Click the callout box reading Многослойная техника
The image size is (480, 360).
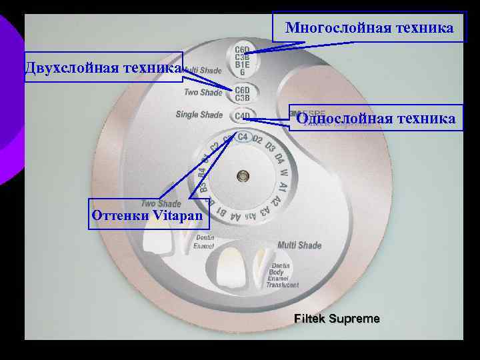(x=369, y=27)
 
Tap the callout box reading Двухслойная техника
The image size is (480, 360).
(x=103, y=67)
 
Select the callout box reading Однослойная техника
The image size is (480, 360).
(x=376, y=118)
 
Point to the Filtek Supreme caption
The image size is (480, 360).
(x=337, y=319)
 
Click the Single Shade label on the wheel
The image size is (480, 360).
(x=199, y=115)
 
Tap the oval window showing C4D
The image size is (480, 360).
(x=241, y=117)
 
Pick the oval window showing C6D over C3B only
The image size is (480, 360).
(x=241, y=94)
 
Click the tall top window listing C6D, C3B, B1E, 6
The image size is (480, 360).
(x=241, y=60)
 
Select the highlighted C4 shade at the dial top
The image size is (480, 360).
(x=242, y=137)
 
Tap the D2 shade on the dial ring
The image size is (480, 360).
(x=259, y=139)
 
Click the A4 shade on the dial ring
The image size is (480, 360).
(x=235, y=216)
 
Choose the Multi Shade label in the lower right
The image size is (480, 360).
(x=299, y=245)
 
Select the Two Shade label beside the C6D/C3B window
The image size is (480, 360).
(x=203, y=92)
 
